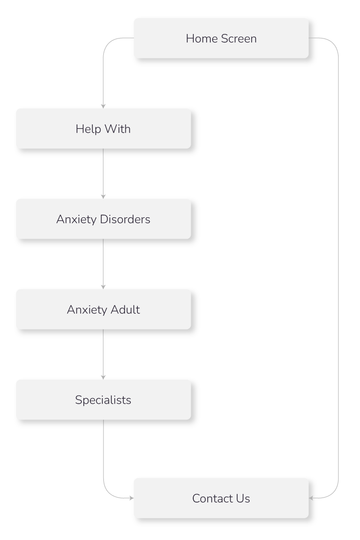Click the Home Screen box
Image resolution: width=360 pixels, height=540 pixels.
click(221, 38)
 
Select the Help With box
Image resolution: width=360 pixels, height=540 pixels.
click(103, 129)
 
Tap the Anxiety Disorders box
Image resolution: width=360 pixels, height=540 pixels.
click(103, 219)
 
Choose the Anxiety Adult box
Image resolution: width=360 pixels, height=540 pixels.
click(103, 310)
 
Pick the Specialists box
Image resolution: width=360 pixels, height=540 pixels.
click(103, 400)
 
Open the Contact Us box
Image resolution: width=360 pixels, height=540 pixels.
click(221, 499)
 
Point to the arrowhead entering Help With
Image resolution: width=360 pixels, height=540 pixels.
click(103, 106)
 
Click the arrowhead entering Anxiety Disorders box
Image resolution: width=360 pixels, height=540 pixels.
click(103, 196)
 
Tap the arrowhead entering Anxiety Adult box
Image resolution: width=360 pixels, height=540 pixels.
click(103, 287)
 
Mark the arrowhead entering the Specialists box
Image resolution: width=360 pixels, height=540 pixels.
click(103, 377)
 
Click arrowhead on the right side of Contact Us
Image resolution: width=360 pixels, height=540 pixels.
click(312, 498)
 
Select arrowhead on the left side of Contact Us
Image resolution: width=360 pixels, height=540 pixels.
click(131, 498)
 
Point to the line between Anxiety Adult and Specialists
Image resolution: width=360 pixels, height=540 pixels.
click(103, 353)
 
